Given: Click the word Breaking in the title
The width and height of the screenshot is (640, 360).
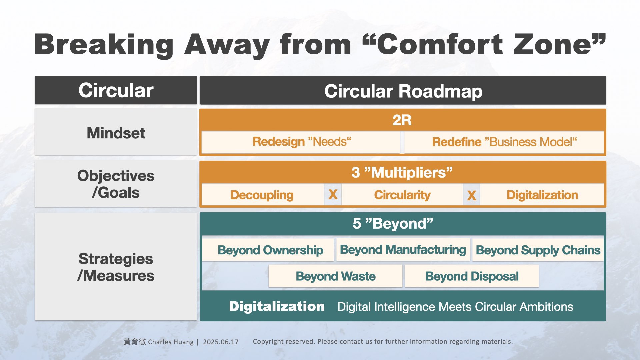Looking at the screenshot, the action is point(104,45).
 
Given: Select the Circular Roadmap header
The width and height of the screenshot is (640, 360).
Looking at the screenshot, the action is point(403,90).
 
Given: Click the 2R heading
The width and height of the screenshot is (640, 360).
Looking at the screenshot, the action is point(402,120).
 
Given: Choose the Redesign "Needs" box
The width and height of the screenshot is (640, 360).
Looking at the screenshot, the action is point(301,142).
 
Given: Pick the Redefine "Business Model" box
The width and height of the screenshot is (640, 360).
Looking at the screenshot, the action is point(504,142).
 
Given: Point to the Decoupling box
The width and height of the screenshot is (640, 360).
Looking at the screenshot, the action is point(263,195).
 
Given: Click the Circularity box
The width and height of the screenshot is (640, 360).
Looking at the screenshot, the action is point(402,195).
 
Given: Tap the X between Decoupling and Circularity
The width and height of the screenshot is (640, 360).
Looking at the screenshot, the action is point(333,194).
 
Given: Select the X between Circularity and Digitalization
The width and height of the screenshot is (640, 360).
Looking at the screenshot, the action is point(471,195).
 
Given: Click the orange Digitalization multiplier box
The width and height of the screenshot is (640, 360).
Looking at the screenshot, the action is point(542,195).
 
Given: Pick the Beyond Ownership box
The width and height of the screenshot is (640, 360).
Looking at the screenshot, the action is point(268,250).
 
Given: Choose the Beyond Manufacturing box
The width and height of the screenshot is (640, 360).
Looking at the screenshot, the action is point(403,249).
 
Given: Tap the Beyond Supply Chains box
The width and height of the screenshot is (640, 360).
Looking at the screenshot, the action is point(538,250).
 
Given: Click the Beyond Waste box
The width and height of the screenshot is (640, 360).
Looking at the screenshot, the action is point(335,276).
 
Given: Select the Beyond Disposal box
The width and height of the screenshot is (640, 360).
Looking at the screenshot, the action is point(472,276).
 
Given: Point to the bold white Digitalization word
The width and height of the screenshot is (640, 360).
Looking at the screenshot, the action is point(277,306).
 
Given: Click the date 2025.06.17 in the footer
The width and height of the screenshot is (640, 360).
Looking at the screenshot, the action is point(221,342).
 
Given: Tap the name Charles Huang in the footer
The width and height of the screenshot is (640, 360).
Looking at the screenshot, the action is point(171,342).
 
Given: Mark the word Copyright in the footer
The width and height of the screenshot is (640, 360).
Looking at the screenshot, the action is point(268,342).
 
